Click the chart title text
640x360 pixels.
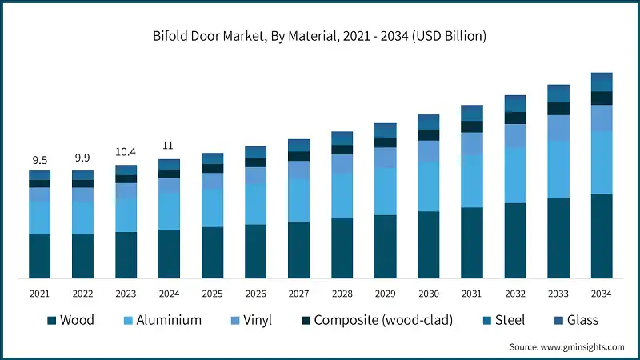coord(320,36)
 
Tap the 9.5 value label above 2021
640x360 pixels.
coord(39,160)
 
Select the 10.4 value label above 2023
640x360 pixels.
coord(126,152)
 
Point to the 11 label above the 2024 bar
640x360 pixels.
coord(169,146)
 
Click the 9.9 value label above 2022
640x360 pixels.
coord(82,158)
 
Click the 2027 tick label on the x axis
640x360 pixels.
coord(298,294)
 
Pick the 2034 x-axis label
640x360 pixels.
coord(601,294)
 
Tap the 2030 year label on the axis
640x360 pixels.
coord(428,294)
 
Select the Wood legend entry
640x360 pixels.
coord(70,320)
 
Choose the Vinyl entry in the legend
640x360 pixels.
coord(250,320)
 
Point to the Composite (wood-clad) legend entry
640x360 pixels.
coord(376,320)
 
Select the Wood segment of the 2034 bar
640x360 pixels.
coord(601,236)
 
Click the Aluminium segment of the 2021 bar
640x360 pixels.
coord(39,217)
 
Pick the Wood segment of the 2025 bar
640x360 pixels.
coord(212,253)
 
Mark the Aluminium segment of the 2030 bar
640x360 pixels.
coord(428,186)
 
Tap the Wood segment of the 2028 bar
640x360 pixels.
coord(342,248)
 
